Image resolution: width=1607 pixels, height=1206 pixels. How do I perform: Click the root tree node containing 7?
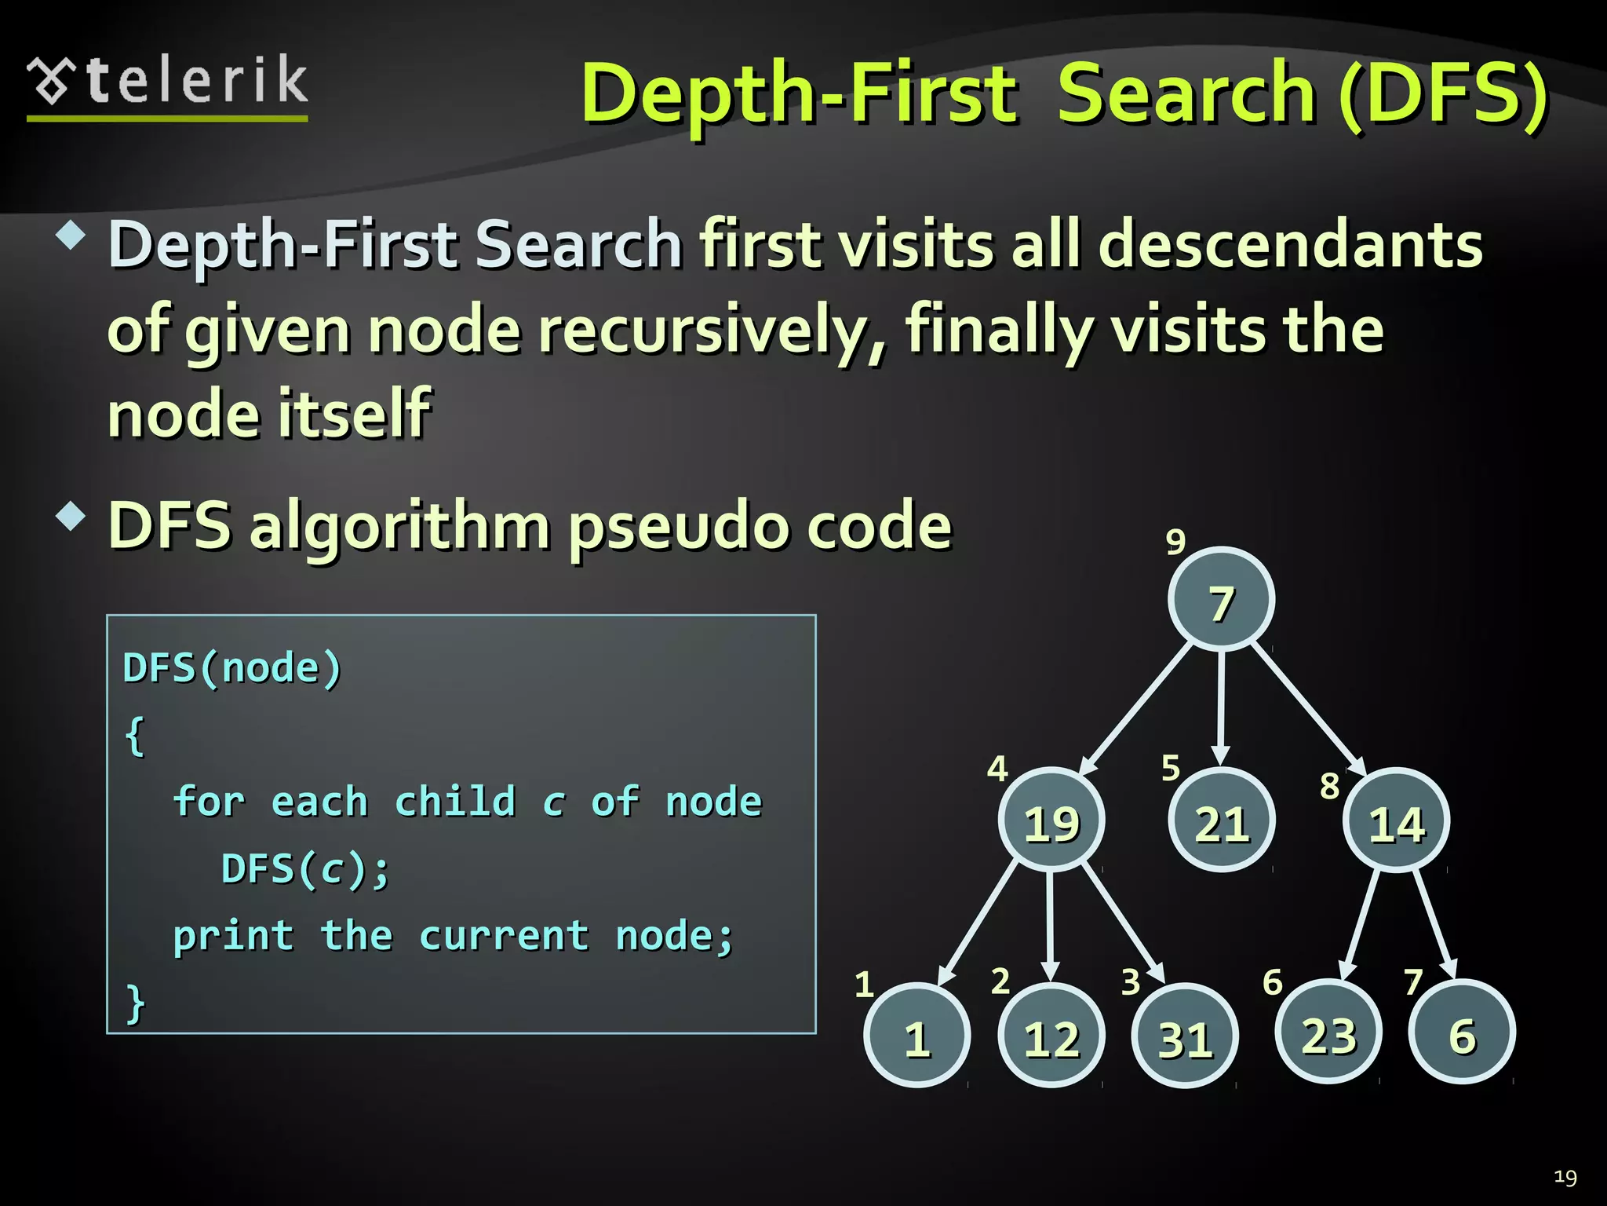click(x=1221, y=600)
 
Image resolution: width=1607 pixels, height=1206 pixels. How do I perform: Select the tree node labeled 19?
click(x=1051, y=820)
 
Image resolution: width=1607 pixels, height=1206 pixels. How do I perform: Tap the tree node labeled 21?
click(x=1221, y=820)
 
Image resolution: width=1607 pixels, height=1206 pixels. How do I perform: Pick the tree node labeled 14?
click(x=1396, y=820)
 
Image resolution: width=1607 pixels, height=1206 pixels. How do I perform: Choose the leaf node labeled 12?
click(x=1051, y=1036)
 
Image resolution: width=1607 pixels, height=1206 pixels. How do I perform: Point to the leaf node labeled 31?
click(x=1185, y=1036)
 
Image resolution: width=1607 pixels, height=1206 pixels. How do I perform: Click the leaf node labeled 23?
click(x=1328, y=1032)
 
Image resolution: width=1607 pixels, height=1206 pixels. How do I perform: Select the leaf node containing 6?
click(x=1462, y=1032)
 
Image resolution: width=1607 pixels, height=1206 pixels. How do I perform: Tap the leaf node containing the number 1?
click(x=917, y=1036)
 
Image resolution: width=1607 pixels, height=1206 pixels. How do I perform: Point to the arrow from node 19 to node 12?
click(x=1051, y=926)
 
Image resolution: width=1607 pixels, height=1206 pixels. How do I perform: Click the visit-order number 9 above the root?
click(x=1175, y=541)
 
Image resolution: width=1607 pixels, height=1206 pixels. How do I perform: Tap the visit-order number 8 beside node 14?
click(x=1329, y=785)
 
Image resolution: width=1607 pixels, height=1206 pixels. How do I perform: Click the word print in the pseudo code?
click(x=233, y=935)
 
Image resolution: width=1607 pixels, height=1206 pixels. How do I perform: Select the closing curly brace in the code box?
click(x=136, y=1003)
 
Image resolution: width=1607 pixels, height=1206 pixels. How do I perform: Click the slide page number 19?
click(x=1565, y=1177)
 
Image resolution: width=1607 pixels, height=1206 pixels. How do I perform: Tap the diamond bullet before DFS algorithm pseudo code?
click(x=71, y=517)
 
